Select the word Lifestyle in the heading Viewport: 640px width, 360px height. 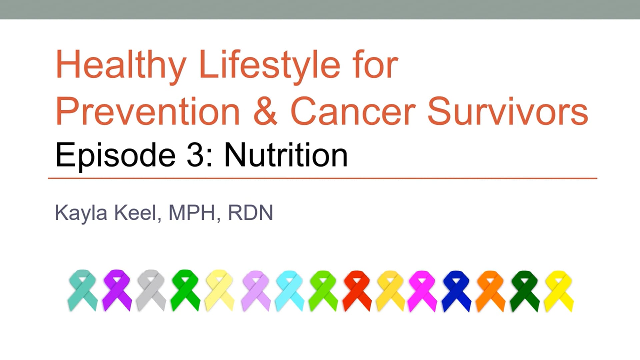coord(269,65)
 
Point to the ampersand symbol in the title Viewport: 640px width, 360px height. coord(265,111)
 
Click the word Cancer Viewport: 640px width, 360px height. coord(353,111)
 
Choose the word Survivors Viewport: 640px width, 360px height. coord(507,111)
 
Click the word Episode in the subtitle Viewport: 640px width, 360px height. coord(115,155)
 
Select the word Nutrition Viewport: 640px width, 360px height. coord(286,155)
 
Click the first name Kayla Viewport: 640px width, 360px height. coord(81,213)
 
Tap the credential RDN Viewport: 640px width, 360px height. coord(250,213)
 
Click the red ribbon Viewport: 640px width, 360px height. coord(357,291)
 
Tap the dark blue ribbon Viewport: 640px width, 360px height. coord(456,291)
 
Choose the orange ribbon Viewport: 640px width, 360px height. coord(490,291)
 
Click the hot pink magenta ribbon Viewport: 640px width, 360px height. coord(422,291)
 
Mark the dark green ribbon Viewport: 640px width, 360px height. coord(524,291)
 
